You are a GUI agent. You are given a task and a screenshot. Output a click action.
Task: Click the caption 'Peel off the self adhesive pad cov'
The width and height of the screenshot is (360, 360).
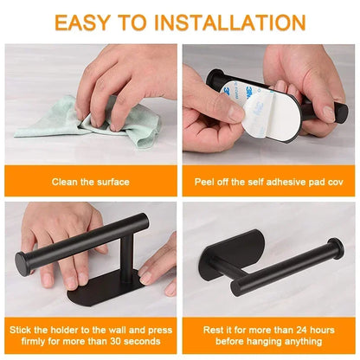coord(269,181)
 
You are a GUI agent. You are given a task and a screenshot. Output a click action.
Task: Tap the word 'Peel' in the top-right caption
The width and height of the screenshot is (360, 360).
coord(208,181)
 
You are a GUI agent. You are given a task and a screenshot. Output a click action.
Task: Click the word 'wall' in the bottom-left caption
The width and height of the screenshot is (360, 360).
coord(120,330)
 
